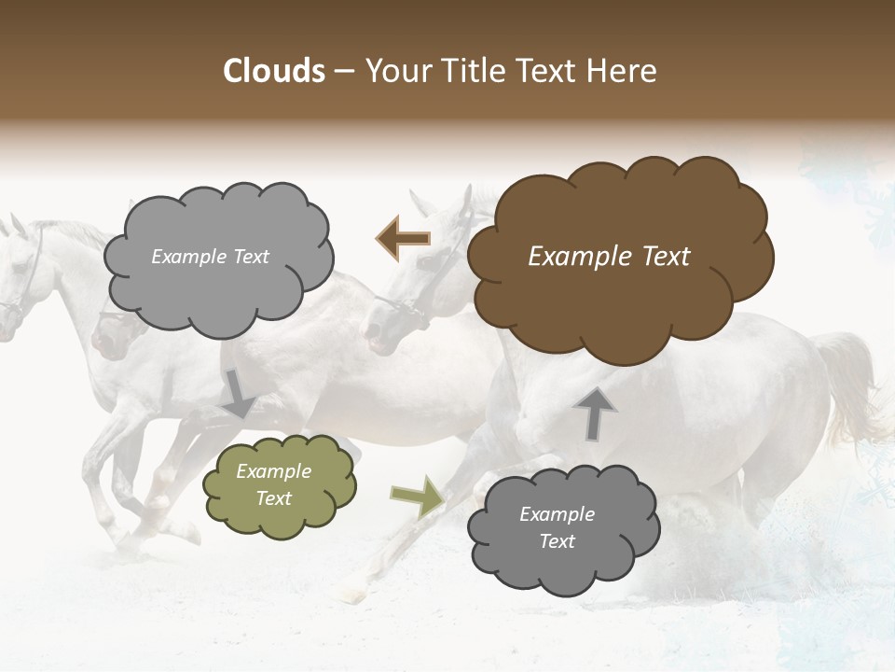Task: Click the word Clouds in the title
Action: point(274,71)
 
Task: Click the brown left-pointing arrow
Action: point(403,238)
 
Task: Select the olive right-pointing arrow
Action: point(417,496)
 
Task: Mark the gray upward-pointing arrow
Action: point(595,413)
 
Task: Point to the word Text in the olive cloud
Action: point(274,498)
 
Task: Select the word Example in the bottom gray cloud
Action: point(557,514)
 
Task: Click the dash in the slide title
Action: point(344,72)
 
